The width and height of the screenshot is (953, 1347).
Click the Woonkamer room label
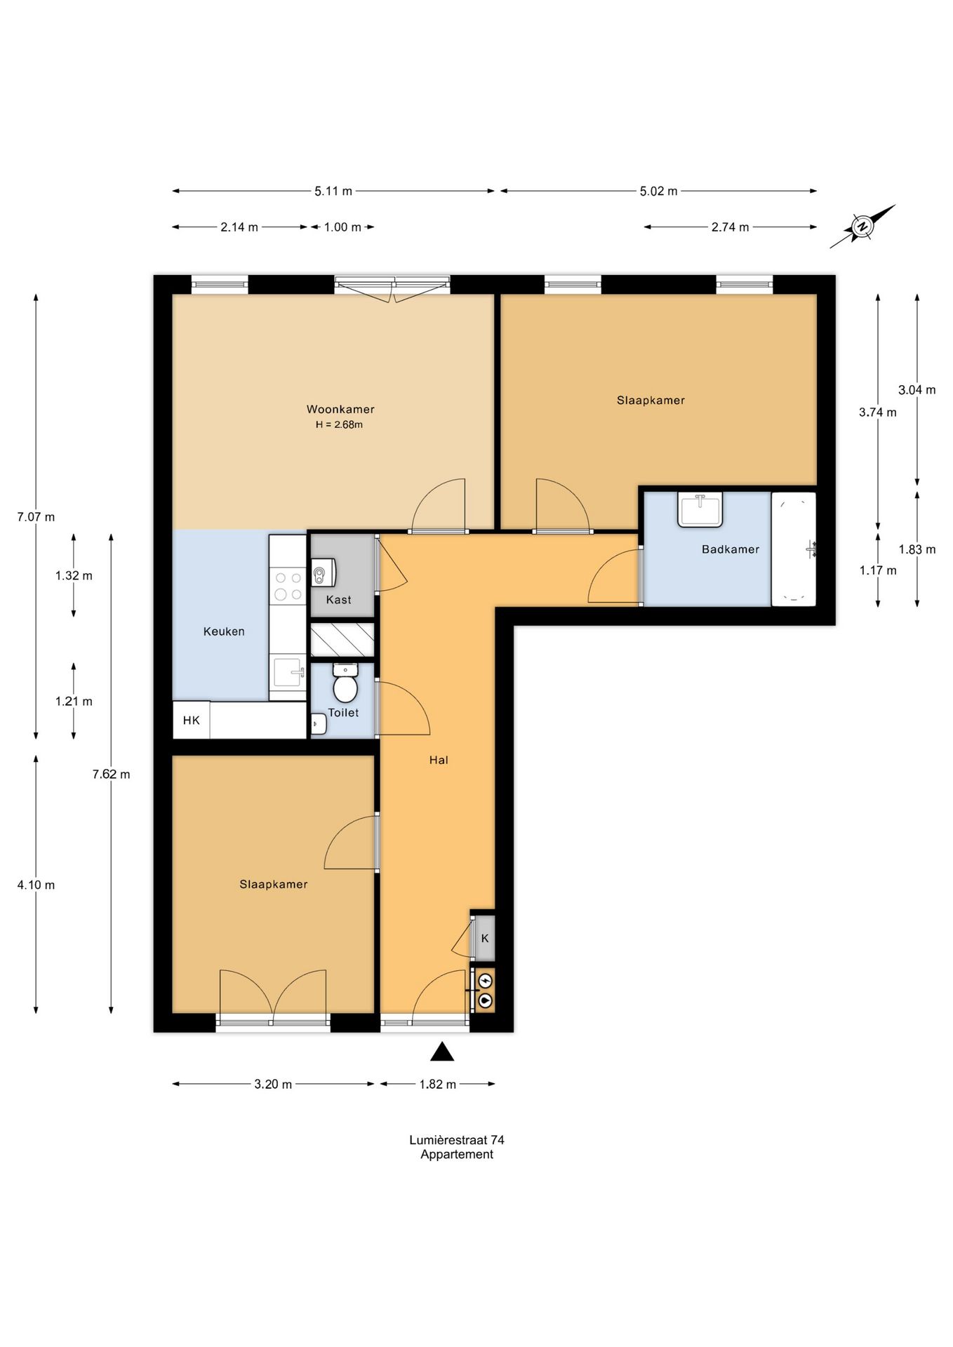pos(340,409)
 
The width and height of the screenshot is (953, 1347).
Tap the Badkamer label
pos(731,549)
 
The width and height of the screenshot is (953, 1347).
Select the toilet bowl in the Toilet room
pos(345,683)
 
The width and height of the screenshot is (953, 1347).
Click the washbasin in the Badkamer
pos(700,510)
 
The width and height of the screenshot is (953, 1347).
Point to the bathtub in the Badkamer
pos(794,549)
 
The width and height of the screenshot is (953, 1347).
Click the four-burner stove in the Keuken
pos(288,587)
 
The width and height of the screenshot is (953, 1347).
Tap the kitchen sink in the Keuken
pos(288,673)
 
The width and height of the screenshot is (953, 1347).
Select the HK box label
pos(191,720)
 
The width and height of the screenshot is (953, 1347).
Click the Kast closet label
pos(339,600)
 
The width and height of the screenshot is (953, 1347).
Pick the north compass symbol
pos(862,227)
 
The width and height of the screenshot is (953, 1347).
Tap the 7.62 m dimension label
pos(111,775)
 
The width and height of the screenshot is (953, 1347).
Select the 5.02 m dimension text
pos(658,191)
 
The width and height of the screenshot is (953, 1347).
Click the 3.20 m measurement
pos(273,1084)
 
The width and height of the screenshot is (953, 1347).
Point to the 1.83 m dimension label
pos(917,549)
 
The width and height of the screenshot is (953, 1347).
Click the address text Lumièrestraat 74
pos(457,1140)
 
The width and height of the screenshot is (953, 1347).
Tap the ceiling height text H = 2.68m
pos(339,424)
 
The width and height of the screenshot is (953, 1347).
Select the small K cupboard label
pos(485,938)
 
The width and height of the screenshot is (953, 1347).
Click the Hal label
pos(439,760)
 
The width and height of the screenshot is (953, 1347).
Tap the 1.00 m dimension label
pos(342,227)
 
